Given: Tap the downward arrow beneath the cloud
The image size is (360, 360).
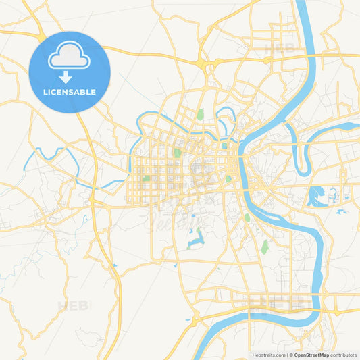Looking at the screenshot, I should tap(70, 76).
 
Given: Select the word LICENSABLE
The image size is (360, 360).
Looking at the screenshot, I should tap(70, 92).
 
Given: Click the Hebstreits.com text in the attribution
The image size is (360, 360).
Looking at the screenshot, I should tap(267, 355).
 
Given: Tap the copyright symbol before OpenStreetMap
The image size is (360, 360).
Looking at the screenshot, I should tap(291, 355).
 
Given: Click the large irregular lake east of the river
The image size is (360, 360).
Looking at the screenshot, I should tap(315, 197).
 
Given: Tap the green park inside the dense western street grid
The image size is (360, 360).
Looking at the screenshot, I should tap(146, 179).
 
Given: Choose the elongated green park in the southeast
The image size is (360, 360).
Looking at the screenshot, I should tap(265, 247).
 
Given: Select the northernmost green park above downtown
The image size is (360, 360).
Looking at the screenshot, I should tap(200, 114).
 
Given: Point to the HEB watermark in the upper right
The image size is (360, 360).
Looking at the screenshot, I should tap(279, 49).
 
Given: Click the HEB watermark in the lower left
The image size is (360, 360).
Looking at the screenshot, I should tap(73, 306).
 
